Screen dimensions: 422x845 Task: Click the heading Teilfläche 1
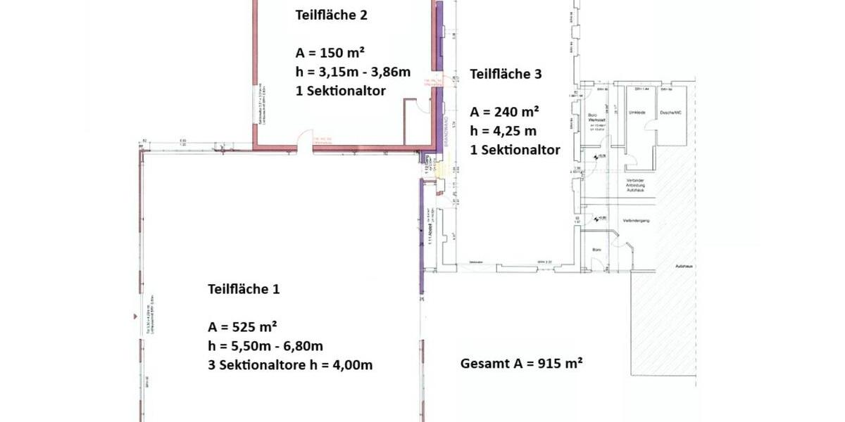[242, 289]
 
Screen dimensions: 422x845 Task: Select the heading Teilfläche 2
[331, 14]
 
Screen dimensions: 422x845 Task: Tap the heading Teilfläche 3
[506, 74]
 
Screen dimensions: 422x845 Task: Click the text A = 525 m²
[242, 327]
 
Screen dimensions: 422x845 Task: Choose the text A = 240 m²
[505, 112]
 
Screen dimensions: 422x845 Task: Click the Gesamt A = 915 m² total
[521, 364]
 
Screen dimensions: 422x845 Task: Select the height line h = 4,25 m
[503, 131]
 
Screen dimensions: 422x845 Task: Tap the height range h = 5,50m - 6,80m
[265, 346]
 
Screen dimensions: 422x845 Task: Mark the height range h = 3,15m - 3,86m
[353, 71]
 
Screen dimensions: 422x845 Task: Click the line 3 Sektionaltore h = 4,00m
[290, 364]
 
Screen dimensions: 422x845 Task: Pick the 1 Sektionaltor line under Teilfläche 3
[515, 150]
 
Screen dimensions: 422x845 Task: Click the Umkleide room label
[637, 113]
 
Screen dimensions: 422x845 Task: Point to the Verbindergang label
[636, 221]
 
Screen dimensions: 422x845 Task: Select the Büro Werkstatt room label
[596, 117]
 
